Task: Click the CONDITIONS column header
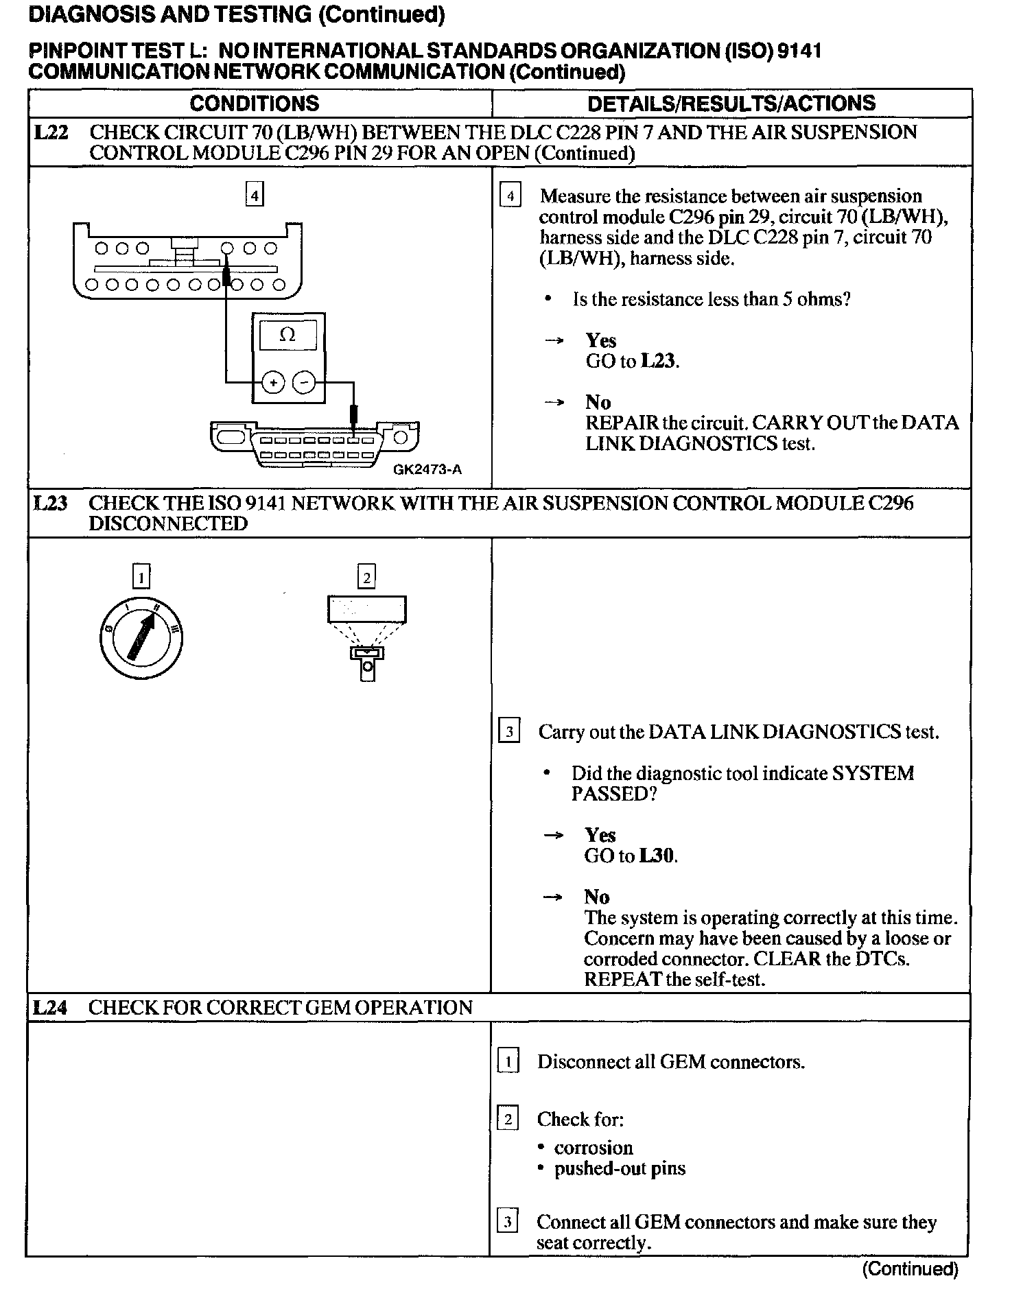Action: tap(254, 104)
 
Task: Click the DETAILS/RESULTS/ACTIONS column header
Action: tap(731, 104)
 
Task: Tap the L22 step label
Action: tap(51, 132)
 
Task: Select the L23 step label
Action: tap(51, 504)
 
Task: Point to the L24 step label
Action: tap(51, 1007)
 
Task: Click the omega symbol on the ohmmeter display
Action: tap(288, 335)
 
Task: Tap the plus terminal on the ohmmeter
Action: tap(273, 382)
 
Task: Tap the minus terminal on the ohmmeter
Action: tap(305, 382)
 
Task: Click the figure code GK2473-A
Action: tap(427, 470)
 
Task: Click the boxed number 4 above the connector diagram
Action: tap(255, 196)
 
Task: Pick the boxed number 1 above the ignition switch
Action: tap(141, 578)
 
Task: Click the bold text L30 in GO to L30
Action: tap(657, 855)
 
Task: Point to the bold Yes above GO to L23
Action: tap(600, 341)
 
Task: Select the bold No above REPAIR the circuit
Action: tap(598, 402)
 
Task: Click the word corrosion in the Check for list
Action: tap(594, 1148)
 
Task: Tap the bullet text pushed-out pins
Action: tap(620, 1168)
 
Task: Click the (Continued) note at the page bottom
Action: tap(909, 1269)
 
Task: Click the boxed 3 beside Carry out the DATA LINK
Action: tap(508, 732)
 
